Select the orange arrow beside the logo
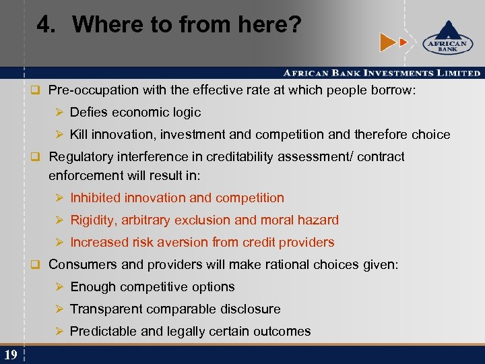point(389,42)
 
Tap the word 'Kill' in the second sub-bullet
point(79,134)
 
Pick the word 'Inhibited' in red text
point(95,198)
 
